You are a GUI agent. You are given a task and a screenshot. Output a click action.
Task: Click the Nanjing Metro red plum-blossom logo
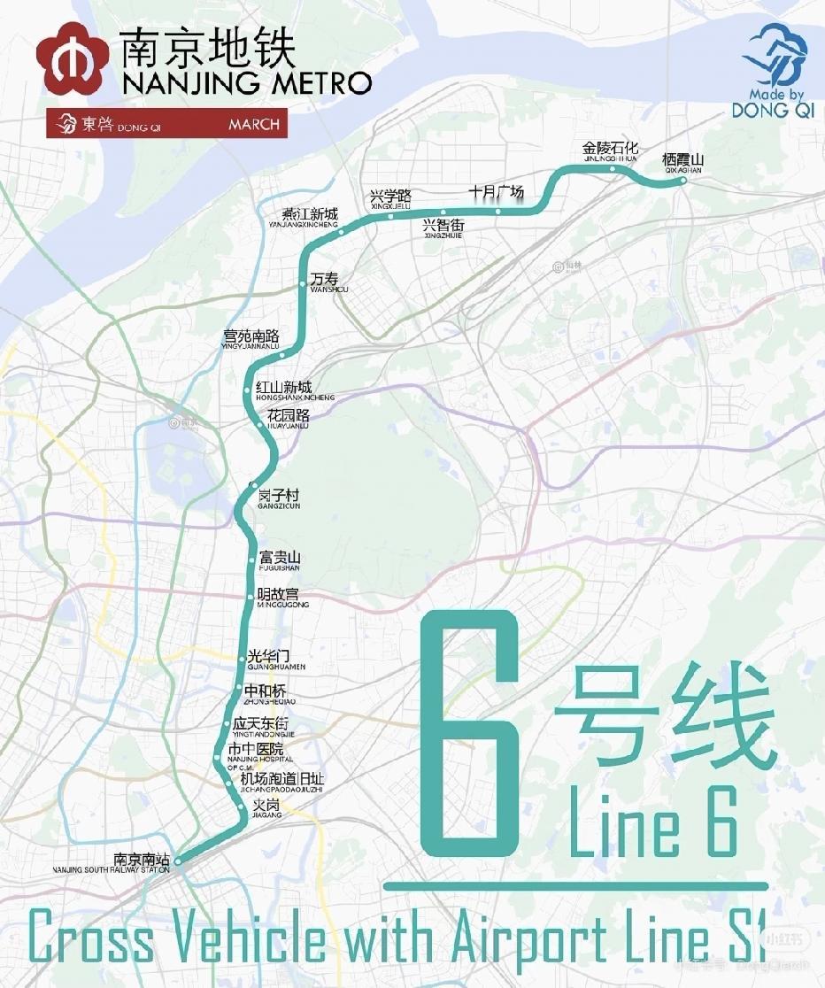pyautogui.click(x=73, y=59)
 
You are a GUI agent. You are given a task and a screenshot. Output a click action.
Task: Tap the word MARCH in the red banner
pyautogui.click(x=253, y=125)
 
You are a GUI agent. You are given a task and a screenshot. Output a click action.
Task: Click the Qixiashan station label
pyautogui.click(x=682, y=162)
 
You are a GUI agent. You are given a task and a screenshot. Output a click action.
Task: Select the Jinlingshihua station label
pyautogui.click(x=610, y=151)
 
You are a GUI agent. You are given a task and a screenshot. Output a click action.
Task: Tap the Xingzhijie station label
pyautogui.click(x=443, y=228)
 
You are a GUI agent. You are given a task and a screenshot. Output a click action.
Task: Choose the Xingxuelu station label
pyautogui.click(x=391, y=198)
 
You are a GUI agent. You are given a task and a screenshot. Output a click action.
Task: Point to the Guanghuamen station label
pyautogui.click(x=275, y=660)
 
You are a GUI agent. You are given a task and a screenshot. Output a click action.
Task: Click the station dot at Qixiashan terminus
pyautogui.click(x=682, y=181)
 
